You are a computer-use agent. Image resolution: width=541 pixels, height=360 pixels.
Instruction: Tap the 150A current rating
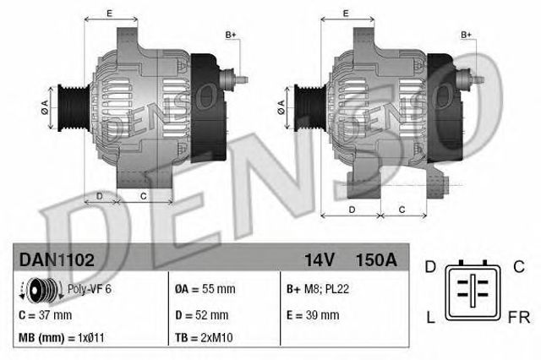378,258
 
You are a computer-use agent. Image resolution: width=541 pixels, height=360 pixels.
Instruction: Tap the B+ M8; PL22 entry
318,290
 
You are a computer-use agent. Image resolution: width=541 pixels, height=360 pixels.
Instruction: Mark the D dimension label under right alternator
351,208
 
